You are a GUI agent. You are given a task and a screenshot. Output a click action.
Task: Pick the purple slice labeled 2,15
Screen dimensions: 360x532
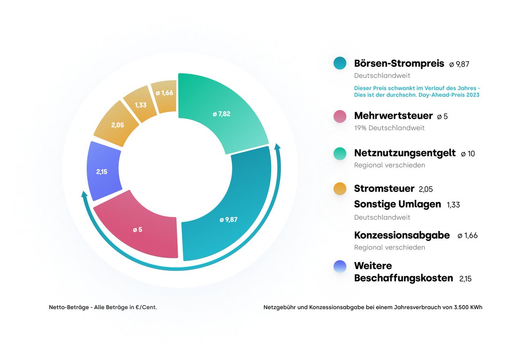click(x=103, y=171)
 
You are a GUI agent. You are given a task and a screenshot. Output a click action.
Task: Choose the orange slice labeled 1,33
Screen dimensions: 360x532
click(x=141, y=105)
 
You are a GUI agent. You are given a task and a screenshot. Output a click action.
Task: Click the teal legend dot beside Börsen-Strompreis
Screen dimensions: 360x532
click(x=340, y=63)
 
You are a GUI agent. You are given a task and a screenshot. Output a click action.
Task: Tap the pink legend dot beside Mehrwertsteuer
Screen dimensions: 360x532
click(x=340, y=116)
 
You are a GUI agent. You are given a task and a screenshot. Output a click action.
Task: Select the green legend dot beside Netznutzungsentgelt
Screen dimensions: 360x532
click(x=340, y=153)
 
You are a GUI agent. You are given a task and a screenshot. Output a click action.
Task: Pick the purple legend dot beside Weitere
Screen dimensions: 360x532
click(x=340, y=266)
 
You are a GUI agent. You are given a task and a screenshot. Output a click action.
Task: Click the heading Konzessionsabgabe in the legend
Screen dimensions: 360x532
click(x=402, y=235)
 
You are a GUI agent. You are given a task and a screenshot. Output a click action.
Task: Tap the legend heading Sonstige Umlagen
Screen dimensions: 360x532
click(x=397, y=204)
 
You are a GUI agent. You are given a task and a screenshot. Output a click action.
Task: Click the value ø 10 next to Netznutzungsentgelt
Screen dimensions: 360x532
click(x=467, y=154)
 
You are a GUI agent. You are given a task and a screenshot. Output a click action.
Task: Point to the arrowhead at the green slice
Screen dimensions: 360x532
click(x=278, y=147)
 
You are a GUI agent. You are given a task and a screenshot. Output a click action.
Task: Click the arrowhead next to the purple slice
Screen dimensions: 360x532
click(x=84, y=195)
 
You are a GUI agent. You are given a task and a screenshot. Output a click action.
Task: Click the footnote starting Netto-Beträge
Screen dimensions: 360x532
click(x=102, y=307)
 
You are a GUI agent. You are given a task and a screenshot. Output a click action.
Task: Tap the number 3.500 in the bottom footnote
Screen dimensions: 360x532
click(x=458, y=307)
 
